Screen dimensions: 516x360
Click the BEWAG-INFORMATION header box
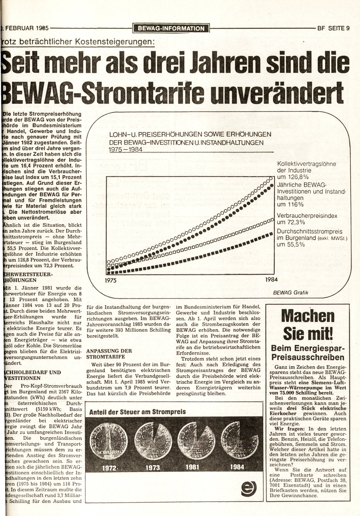pyautogui.click(x=171, y=28)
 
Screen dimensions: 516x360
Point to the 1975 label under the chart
pyautogui.click(x=110, y=280)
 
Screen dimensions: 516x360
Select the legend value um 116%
pyautogui.click(x=290, y=204)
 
